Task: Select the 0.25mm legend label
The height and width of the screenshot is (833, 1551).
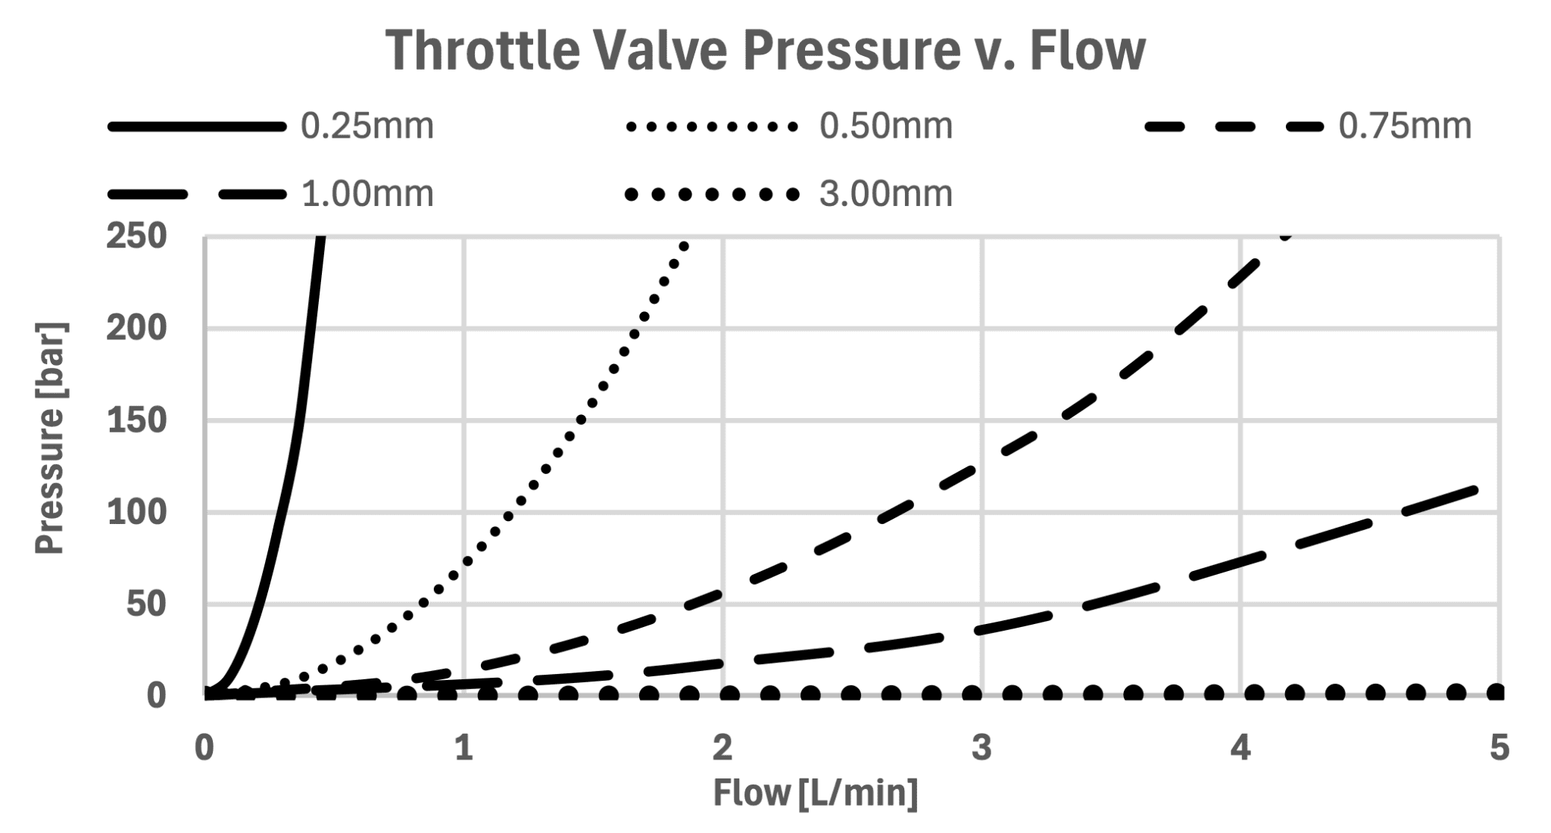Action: pos(367,126)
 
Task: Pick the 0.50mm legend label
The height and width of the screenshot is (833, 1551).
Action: pos(885,126)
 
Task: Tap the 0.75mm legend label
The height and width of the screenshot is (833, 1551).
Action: pos(1405,126)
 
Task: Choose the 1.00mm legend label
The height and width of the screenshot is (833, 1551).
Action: pos(367,195)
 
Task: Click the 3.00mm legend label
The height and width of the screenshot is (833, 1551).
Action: pos(885,195)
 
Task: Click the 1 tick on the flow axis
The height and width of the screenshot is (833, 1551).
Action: pos(463,748)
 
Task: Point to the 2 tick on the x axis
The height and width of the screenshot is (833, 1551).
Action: pos(722,748)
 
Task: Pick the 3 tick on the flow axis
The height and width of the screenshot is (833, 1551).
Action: pos(981,748)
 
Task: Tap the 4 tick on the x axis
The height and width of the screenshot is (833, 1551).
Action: pos(1240,748)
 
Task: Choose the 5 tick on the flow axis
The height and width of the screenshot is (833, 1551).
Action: pos(1499,748)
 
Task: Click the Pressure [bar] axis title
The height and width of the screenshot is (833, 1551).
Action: pos(51,438)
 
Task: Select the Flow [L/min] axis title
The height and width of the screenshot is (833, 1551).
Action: pos(816,793)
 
